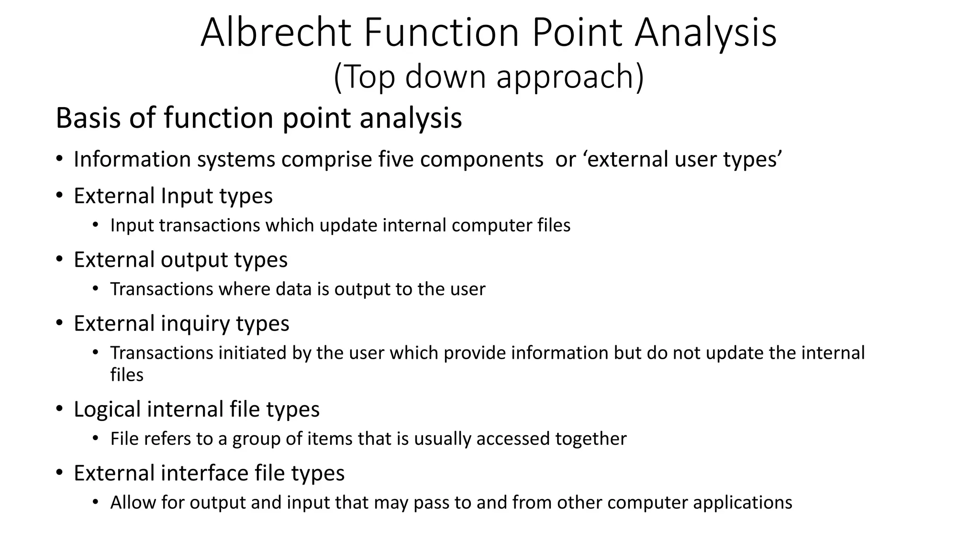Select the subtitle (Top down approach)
click(489, 77)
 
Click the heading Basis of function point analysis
click(258, 118)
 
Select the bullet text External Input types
click(173, 196)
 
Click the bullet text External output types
click(180, 260)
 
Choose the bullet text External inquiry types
click(181, 323)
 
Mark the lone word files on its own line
click(127, 375)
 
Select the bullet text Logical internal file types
click(196, 409)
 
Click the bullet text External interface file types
click(209, 473)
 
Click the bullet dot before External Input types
click(59, 195)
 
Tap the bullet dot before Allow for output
click(96, 502)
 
